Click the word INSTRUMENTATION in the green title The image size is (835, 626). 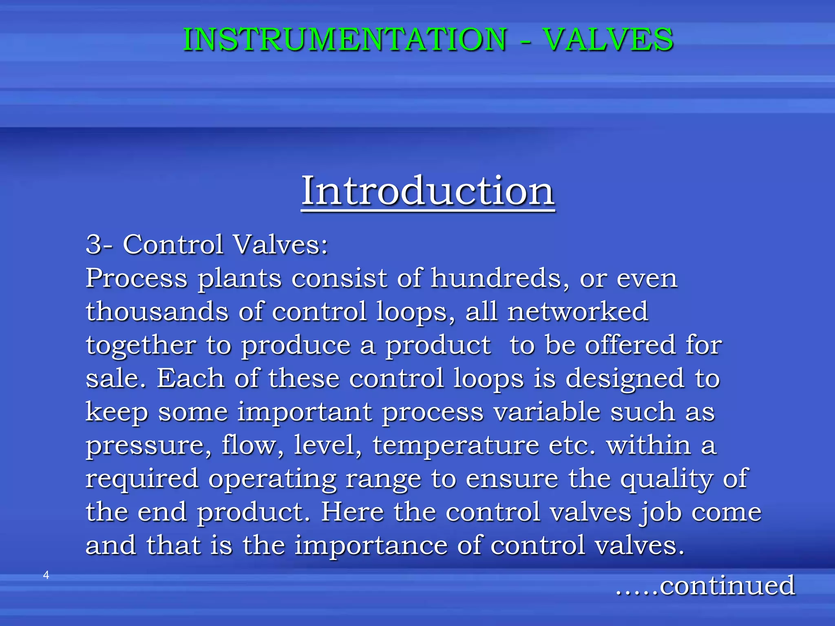click(x=345, y=40)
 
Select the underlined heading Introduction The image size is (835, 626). click(x=427, y=190)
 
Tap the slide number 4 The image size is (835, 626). click(x=46, y=575)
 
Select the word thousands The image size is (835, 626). click(x=157, y=311)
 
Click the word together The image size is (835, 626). click(x=141, y=345)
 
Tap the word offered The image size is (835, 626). click(x=630, y=345)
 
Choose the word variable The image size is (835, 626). click(x=547, y=412)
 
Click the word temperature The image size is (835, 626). click(x=456, y=445)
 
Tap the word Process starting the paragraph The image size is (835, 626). click(x=137, y=278)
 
